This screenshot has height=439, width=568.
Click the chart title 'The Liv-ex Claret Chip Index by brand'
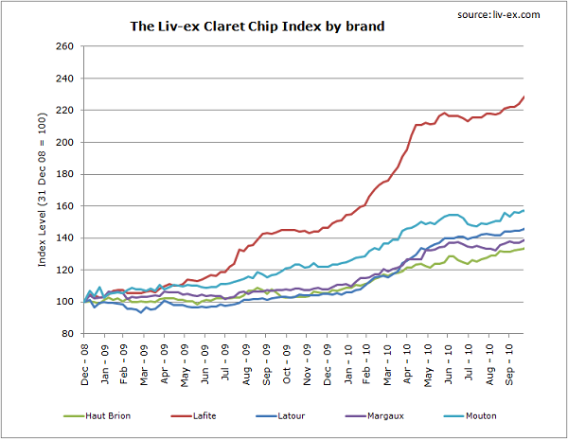coord(257,26)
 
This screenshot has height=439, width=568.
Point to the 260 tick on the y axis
coord(66,46)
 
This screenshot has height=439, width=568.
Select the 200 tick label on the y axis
coord(66,142)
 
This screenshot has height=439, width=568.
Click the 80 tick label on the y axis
coord(69,333)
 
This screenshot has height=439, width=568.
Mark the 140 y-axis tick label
coord(66,237)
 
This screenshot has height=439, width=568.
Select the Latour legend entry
coord(304,414)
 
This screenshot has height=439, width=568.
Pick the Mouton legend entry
coord(491,414)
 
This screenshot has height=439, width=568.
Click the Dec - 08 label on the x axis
coord(85,360)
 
